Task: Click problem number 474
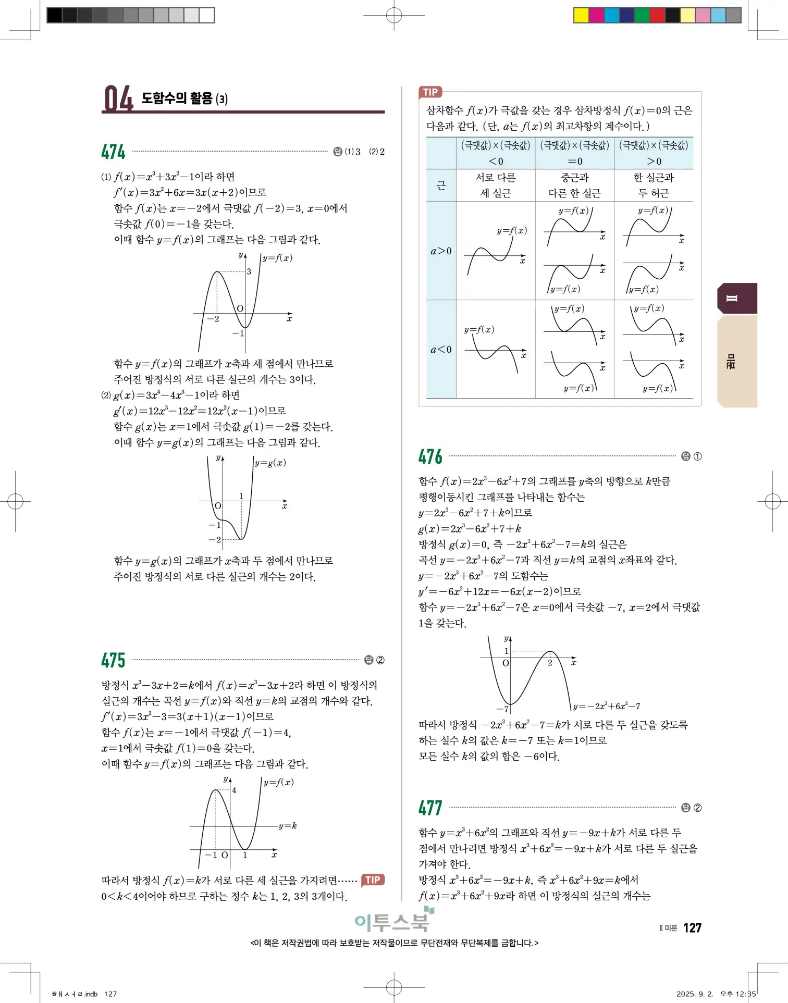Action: pos(113,152)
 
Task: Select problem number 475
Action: pos(113,660)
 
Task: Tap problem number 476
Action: pos(430,456)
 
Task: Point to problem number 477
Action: pos(430,808)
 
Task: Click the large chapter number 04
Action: pos(118,99)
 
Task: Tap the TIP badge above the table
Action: pos(430,92)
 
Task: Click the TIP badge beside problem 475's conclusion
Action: pos(372,880)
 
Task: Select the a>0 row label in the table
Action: pos(441,251)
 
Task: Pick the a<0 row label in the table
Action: pos(441,350)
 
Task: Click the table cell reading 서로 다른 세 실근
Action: pos(496,185)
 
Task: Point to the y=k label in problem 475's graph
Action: pos(287,826)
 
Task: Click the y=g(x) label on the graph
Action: pos(270,463)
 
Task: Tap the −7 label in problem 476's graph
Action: pos(502,709)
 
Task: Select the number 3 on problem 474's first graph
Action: pos(249,271)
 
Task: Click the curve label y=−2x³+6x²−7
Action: pos(606,706)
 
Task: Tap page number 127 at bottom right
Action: pos(692,928)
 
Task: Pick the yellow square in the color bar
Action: pos(581,15)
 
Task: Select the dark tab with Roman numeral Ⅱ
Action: pos(737,299)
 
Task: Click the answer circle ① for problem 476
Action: pos(697,456)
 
